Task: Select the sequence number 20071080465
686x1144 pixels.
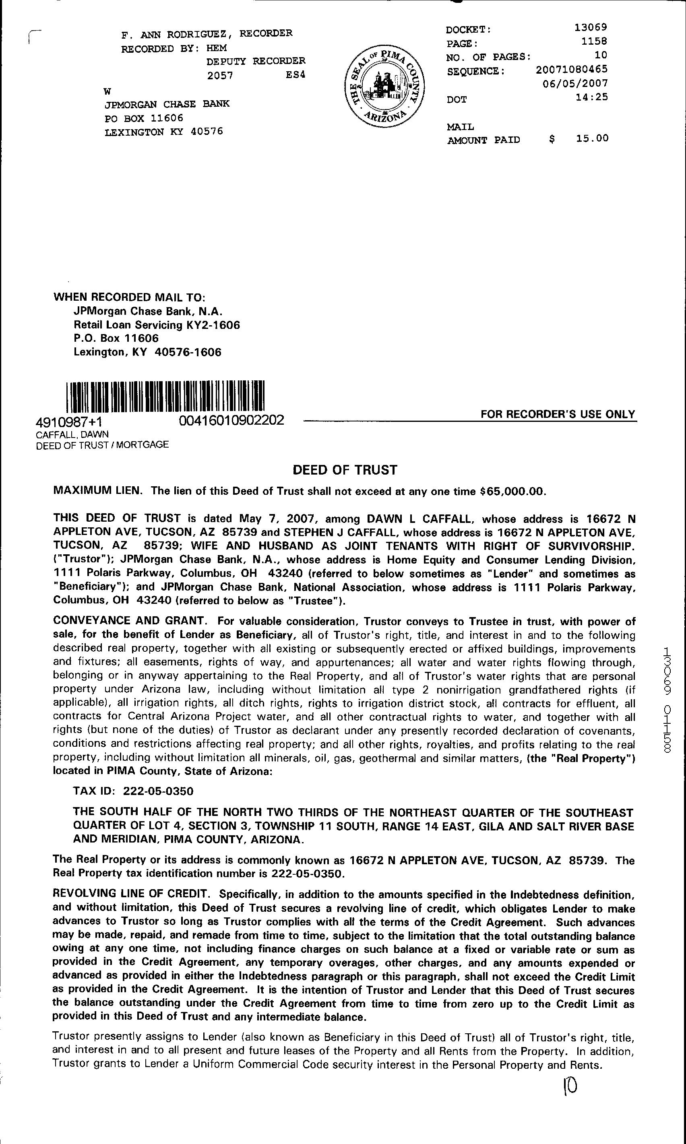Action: click(x=572, y=69)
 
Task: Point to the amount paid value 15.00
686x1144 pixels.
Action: click(x=592, y=138)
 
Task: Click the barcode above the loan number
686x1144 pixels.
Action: click(x=165, y=396)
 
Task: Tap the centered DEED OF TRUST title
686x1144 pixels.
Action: click(x=345, y=470)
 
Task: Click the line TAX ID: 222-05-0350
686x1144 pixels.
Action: click(x=133, y=791)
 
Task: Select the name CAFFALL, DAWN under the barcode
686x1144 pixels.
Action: click(x=72, y=434)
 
